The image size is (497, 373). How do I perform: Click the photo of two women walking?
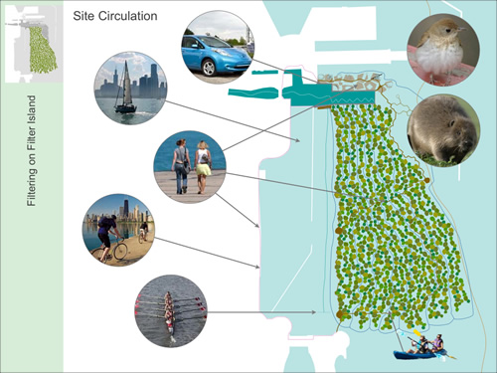(190, 166)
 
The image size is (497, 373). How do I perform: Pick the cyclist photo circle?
(118, 230)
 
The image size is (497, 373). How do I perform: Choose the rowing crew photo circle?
(170, 310)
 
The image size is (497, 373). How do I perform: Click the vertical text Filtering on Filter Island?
(32, 149)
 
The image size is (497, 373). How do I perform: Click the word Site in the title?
(84, 17)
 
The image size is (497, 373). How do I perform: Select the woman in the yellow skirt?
(203, 164)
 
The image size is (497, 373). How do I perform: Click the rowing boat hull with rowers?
(170, 309)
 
